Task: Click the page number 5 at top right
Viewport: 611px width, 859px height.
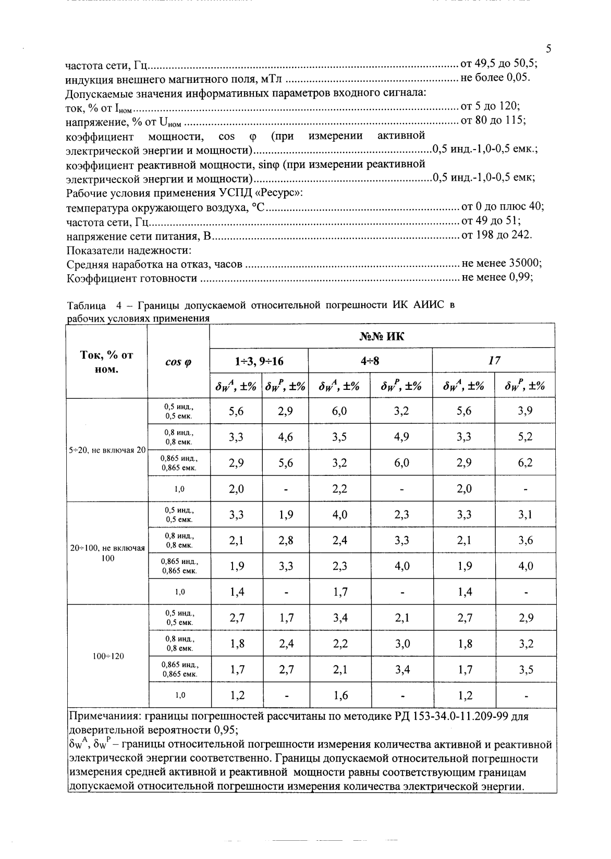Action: tap(548, 49)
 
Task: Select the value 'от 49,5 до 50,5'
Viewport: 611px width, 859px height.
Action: tap(498, 64)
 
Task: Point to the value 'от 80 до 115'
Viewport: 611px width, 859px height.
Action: tap(493, 120)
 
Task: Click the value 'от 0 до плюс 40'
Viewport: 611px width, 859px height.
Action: tap(503, 206)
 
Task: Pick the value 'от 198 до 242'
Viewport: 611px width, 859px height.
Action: tap(496, 235)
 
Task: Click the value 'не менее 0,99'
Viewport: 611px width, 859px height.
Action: tap(497, 277)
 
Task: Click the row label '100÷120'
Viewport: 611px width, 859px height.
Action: tap(108, 656)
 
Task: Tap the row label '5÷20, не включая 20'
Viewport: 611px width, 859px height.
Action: tap(108, 450)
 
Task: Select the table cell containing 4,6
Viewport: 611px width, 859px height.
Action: tap(286, 437)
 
